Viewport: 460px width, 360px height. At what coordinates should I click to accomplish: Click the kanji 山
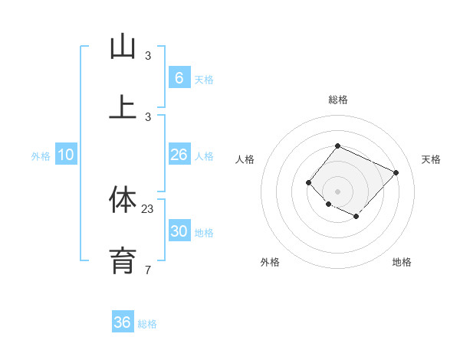click(123, 47)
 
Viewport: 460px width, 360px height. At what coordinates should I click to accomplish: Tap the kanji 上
click(123, 107)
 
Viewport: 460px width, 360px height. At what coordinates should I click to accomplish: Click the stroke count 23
click(148, 208)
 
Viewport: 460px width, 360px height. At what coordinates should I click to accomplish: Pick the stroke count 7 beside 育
click(148, 270)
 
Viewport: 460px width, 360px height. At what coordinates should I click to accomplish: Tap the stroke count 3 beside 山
click(148, 55)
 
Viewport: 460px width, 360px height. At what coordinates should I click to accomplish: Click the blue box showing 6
click(179, 78)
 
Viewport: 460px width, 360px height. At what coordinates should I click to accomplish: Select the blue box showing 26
click(179, 155)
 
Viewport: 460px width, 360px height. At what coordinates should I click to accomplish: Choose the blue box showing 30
click(179, 231)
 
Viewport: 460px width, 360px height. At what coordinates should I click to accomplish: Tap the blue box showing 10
click(66, 155)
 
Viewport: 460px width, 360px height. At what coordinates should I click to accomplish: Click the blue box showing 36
click(122, 322)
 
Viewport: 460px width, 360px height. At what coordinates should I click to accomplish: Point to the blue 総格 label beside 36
click(147, 324)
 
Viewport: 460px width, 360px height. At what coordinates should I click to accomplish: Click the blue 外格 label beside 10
click(41, 156)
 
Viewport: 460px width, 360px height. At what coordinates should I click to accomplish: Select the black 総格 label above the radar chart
click(337, 100)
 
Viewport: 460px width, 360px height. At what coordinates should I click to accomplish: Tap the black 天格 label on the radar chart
click(431, 159)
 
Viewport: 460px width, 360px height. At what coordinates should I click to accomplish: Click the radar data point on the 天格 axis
click(396, 172)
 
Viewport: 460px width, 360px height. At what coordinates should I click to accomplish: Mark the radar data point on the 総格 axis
click(337, 146)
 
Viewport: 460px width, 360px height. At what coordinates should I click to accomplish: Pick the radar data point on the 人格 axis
click(308, 182)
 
